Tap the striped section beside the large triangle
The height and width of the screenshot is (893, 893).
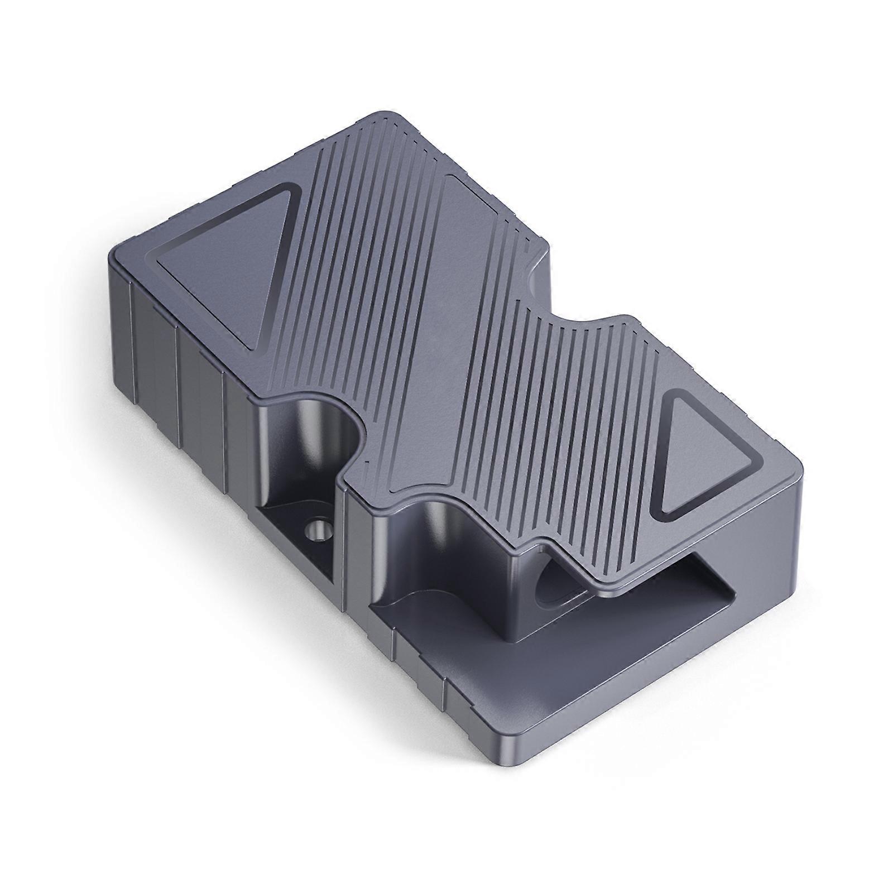[357, 251]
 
